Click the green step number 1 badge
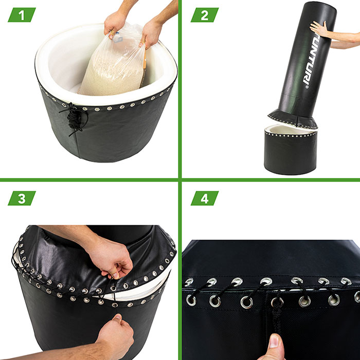click(x=22, y=15)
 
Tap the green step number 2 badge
click(x=205, y=15)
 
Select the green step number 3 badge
click(x=22, y=198)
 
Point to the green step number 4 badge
click(x=205, y=198)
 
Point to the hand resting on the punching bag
click(x=319, y=29)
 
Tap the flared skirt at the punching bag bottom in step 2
click(x=293, y=118)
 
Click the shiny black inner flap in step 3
click(x=69, y=259)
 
